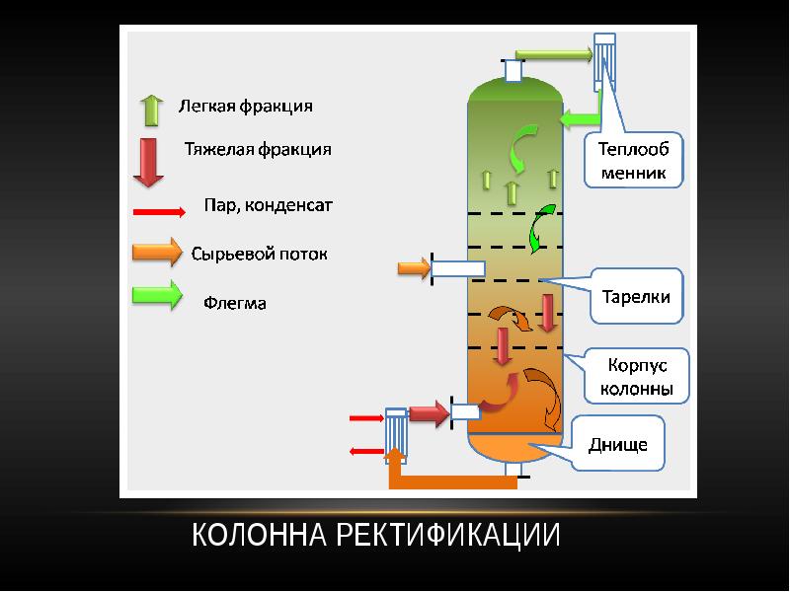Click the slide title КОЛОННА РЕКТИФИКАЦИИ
click(x=376, y=536)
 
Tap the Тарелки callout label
click(x=636, y=296)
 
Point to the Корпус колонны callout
click(x=636, y=376)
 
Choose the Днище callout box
click(x=618, y=444)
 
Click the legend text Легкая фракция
click(x=245, y=106)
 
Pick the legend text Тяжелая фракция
click(x=258, y=150)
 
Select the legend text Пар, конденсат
click(x=269, y=206)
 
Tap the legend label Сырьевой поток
click(x=259, y=254)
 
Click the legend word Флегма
click(x=235, y=303)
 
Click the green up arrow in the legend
click(x=151, y=110)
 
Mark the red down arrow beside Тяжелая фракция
click(x=148, y=161)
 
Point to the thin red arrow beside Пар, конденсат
click(x=158, y=211)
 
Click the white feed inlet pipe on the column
click(x=458, y=268)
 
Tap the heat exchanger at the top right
click(x=603, y=60)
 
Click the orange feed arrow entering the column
click(x=412, y=267)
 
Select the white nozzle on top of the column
click(x=513, y=71)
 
